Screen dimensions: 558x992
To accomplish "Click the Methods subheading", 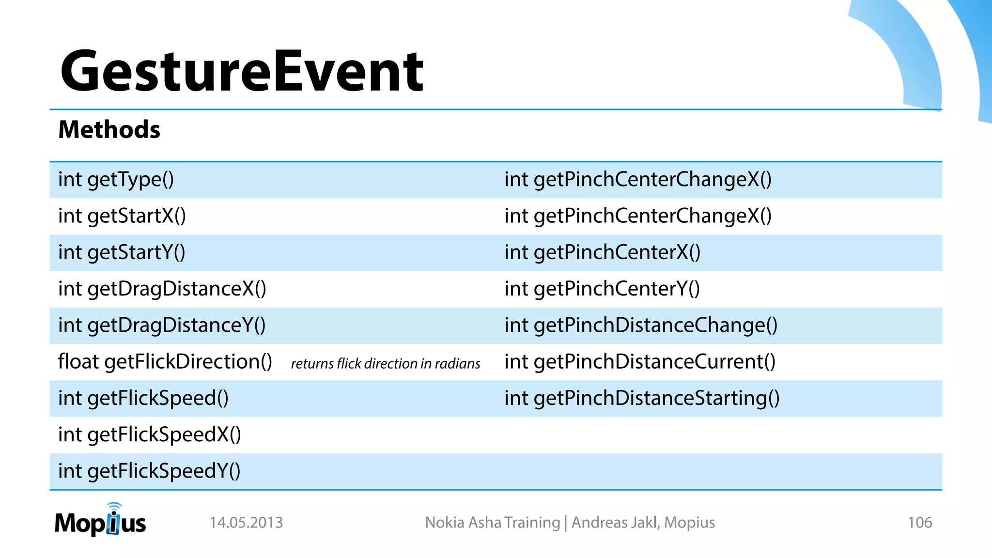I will [109, 130].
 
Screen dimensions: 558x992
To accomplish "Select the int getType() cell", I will [116, 180].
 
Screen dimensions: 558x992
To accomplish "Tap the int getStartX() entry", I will [122, 216].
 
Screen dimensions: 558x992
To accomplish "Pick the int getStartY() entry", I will [122, 252].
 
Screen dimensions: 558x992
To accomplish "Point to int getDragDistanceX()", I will [162, 289].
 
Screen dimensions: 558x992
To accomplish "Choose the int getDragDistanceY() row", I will [162, 325].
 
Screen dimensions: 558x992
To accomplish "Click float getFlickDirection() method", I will [165, 362].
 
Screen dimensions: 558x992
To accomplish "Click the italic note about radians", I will [386, 364].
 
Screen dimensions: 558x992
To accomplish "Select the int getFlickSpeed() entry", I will [143, 398].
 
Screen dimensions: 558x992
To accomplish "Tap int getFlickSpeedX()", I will [149, 434].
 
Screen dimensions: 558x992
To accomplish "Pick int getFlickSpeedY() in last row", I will [149, 471].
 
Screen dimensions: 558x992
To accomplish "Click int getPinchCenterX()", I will [602, 252].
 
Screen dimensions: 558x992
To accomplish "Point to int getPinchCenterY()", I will [602, 289].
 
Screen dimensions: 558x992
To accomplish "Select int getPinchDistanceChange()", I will [640, 325].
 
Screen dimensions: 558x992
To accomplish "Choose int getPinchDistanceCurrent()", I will [639, 362].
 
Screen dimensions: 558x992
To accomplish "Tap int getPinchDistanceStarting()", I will [641, 398].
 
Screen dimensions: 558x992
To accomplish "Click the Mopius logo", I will [100, 521].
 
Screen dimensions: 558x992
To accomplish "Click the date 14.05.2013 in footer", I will [246, 523].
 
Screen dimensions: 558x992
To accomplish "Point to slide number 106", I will [919, 523].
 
